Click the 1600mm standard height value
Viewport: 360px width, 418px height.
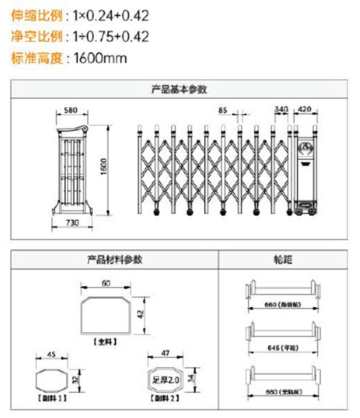coord(100,58)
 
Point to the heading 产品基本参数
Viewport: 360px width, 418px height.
coord(179,89)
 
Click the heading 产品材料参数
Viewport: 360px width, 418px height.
coord(115,259)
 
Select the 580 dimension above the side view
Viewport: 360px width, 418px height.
coord(71,110)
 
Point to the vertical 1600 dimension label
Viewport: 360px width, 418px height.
coord(103,167)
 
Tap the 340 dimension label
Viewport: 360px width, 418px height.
coord(281,109)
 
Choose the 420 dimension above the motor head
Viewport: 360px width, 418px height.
coord(305,109)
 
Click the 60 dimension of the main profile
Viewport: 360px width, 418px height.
coord(106,283)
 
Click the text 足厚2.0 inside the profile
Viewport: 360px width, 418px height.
coord(166,380)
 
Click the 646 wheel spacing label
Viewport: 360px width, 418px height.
coord(283,348)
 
